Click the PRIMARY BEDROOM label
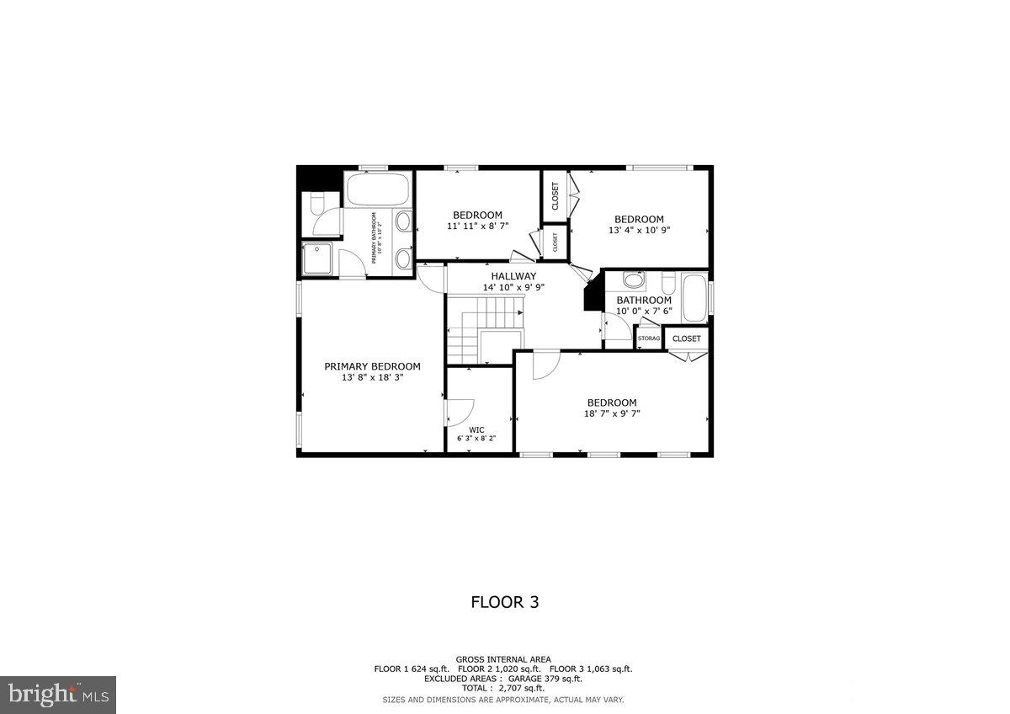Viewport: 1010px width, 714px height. [x=372, y=366]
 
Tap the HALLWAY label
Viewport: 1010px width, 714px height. [x=513, y=276]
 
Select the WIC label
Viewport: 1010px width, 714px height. [x=476, y=429]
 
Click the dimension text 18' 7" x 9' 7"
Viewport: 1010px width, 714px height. [x=612, y=413]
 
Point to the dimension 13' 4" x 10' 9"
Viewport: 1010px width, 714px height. [x=639, y=230]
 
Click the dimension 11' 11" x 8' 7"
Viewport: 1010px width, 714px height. [x=477, y=226]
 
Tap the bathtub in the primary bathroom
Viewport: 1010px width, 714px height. [x=378, y=190]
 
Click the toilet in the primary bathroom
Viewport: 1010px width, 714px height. [x=315, y=205]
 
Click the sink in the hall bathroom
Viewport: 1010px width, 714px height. [x=634, y=280]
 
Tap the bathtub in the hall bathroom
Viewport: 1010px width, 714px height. [x=694, y=299]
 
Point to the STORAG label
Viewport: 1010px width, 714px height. [x=649, y=338]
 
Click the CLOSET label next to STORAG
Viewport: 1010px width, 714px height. [x=687, y=338]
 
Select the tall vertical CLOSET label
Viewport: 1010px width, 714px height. [x=555, y=196]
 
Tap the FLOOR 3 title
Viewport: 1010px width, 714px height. [x=504, y=602]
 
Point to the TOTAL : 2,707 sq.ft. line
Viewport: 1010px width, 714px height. [x=503, y=688]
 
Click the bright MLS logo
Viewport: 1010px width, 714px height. [x=58, y=695]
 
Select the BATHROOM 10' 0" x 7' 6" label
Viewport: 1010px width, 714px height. [x=644, y=305]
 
